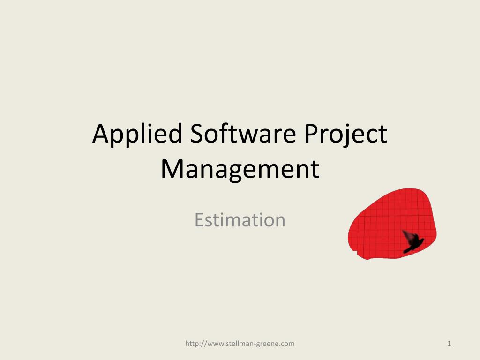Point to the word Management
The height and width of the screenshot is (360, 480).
point(240,170)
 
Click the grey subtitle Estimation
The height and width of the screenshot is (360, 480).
point(240,219)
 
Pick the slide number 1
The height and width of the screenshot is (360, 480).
point(449,344)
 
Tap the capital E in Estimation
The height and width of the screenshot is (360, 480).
point(199,219)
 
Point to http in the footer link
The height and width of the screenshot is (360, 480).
point(192,344)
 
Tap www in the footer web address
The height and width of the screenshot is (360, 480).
point(215,344)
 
